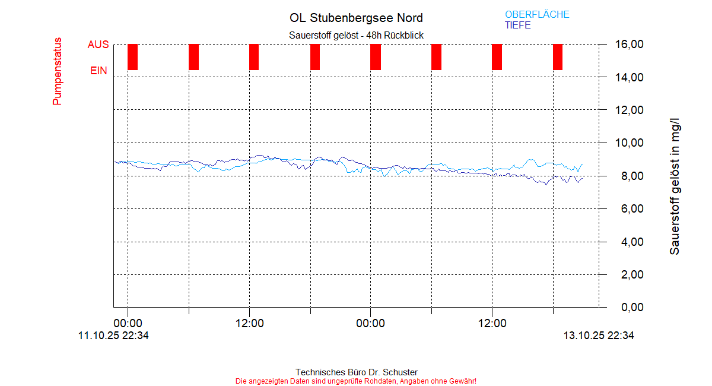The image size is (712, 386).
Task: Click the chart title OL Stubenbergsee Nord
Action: [x=356, y=18]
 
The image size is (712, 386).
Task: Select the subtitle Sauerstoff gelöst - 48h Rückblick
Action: [x=356, y=36]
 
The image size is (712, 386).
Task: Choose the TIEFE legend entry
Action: [x=518, y=26]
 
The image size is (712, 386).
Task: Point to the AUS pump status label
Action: [x=98, y=45]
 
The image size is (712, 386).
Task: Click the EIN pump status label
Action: [x=98, y=71]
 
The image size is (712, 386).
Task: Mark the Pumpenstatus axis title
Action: [x=58, y=71]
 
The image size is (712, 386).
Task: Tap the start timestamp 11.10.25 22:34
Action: [x=113, y=336]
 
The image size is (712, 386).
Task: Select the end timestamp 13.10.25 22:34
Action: [x=599, y=336]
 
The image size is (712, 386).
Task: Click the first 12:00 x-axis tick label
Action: [x=249, y=324]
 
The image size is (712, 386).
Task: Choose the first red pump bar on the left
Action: [x=133, y=57]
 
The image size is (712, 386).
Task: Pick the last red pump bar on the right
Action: [x=558, y=57]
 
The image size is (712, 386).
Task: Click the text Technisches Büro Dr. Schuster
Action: [x=356, y=372]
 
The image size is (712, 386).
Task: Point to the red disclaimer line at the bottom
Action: [x=356, y=381]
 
